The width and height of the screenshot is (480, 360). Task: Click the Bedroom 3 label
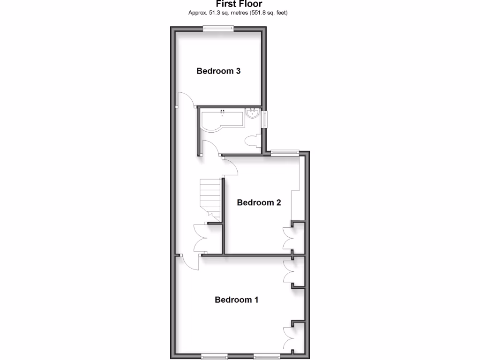tap(218, 71)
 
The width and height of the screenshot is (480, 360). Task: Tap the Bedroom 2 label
tap(259, 202)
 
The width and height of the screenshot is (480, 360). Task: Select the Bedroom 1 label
tap(236, 300)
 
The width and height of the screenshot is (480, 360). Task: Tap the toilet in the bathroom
tap(252, 140)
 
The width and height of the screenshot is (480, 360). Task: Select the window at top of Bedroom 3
tap(218, 29)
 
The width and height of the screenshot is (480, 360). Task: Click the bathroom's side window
tap(265, 119)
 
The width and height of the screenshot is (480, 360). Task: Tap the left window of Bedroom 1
tap(214, 356)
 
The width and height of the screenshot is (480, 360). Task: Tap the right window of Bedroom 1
tap(267, 356)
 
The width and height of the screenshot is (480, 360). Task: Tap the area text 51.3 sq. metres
tap(220, 13)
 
